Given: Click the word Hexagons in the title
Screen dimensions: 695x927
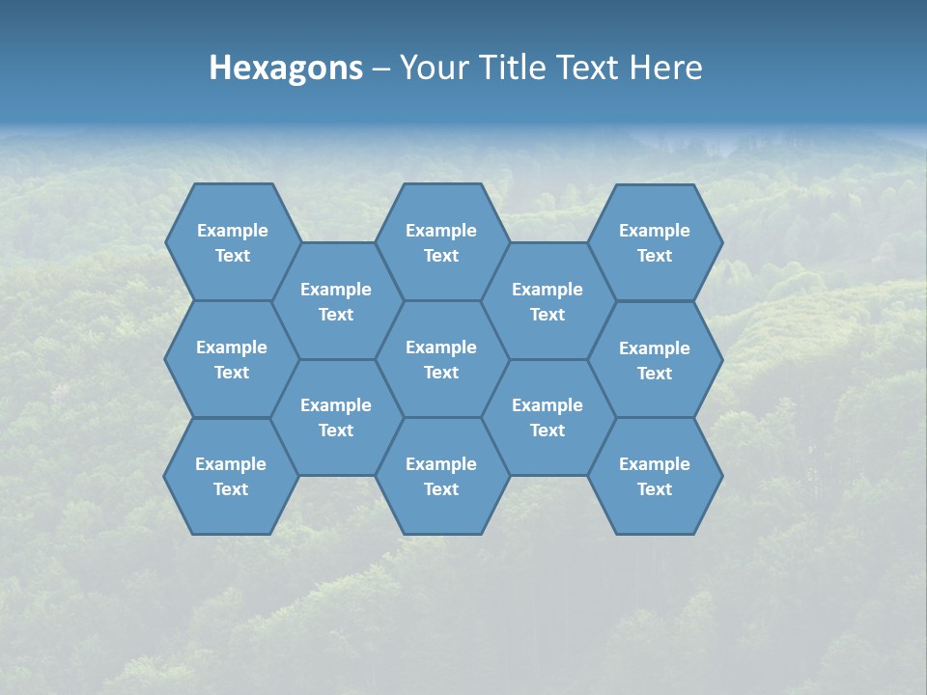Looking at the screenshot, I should pyautogui.click(x=286, y=68).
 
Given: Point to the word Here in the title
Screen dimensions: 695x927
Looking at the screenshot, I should pyautogui.click(x=665, y=68).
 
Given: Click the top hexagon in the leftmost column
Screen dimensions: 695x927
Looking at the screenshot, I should pyautogui.click(x=232, y=242).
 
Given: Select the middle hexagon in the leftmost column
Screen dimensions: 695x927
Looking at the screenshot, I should pyautogui.click(x=232, y=359).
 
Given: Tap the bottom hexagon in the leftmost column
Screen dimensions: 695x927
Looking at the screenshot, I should pyautogui.click(x=231, y=476).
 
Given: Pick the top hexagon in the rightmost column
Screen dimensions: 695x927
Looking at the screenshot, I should pyautogui.click(x=655, y=242).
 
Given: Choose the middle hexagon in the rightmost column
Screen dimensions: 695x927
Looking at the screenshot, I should pyautogui.click(x=655, y=360).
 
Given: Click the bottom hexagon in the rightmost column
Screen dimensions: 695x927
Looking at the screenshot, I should pyautogui.click(x=655, y=476).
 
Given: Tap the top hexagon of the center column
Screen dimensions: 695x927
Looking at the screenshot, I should pyautogui.click(x=441, y=242).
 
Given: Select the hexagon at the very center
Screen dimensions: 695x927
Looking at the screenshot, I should pyautogui.click(x=441, y=359).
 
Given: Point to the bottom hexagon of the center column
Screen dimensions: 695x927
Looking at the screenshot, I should pyautogui.click(x=441, y=476).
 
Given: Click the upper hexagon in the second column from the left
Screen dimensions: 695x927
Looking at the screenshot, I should pyautogui.click(x=336, y=301).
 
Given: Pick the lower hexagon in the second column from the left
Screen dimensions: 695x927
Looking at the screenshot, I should pyautogui.click(x=336, y=417).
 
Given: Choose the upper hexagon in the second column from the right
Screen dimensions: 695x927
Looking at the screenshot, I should pyautogui.click(x=548, y=301).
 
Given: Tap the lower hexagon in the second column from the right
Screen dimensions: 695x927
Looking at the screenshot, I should pyautogui.click(x=548, y=417).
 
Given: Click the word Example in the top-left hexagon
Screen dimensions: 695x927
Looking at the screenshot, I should pyautogui.click(x=233, y=231).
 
